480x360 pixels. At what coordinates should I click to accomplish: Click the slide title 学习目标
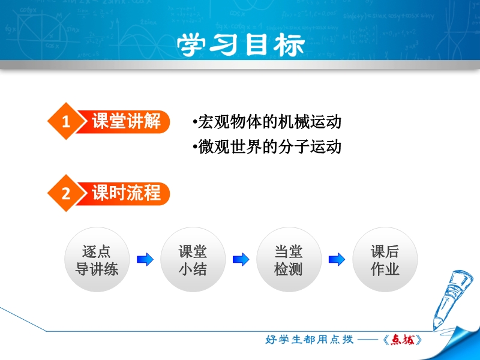(241, 45)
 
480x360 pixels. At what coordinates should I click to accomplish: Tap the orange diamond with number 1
(66, 121)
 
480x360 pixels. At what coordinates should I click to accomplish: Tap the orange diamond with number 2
(66, 193)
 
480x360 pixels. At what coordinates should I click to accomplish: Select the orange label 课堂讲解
(126, 121)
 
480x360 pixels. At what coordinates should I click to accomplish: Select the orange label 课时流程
(126, 193)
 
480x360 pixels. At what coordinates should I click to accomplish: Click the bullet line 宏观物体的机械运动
(267, 122)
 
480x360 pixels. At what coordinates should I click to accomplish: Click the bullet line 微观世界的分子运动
(267, 146)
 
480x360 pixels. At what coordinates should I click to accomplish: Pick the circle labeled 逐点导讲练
(97, 260)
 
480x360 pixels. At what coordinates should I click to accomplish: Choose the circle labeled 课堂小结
(193, 260)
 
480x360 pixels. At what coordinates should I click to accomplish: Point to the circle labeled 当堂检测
(289, 260)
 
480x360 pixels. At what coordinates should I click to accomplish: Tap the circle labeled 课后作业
(385, 260)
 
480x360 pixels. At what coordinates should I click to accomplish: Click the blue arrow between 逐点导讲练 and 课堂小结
(145, 260)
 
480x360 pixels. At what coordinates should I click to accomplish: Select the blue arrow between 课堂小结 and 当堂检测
(241, 260)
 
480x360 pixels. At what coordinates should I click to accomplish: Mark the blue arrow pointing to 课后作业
(337, 260)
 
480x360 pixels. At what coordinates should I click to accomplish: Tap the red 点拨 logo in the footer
(402, 340)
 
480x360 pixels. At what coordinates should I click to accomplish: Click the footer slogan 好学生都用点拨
(309, 340)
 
